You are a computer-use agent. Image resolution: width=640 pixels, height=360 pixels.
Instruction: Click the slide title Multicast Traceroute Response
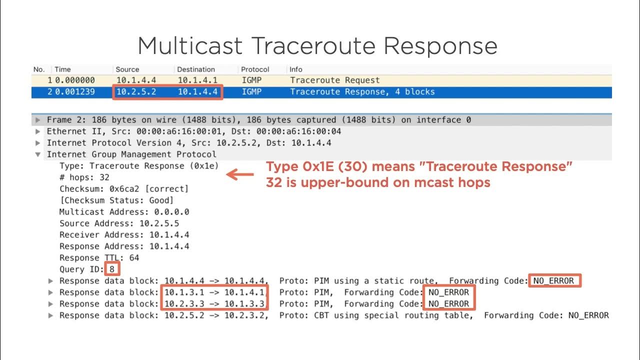(317, 46)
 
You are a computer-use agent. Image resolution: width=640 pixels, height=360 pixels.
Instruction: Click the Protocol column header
(255, 69)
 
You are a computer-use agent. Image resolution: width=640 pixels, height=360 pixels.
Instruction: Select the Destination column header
(195, 69)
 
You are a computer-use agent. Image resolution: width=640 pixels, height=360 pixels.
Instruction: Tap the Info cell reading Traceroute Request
(334, 80)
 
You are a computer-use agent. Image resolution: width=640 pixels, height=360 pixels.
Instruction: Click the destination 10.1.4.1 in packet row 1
(195, 80)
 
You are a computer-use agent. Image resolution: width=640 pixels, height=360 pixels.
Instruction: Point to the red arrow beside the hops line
(240, 175)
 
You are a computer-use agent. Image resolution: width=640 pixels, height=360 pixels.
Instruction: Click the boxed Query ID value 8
(112, 269)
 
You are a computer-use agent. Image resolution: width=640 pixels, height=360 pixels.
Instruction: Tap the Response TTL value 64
(133, 258)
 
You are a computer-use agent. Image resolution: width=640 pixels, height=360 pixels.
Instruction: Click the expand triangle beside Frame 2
(38, 120)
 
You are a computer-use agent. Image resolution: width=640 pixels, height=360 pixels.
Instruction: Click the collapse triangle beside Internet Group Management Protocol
(38, 154)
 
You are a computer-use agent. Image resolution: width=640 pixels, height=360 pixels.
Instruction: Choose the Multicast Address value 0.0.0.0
(171, 212)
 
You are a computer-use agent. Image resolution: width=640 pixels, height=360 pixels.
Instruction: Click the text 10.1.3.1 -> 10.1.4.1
(214, 292)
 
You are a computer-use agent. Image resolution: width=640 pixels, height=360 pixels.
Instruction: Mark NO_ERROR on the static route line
(553, 281)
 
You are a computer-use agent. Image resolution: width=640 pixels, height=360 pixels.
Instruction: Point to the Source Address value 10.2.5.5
(161, 223)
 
